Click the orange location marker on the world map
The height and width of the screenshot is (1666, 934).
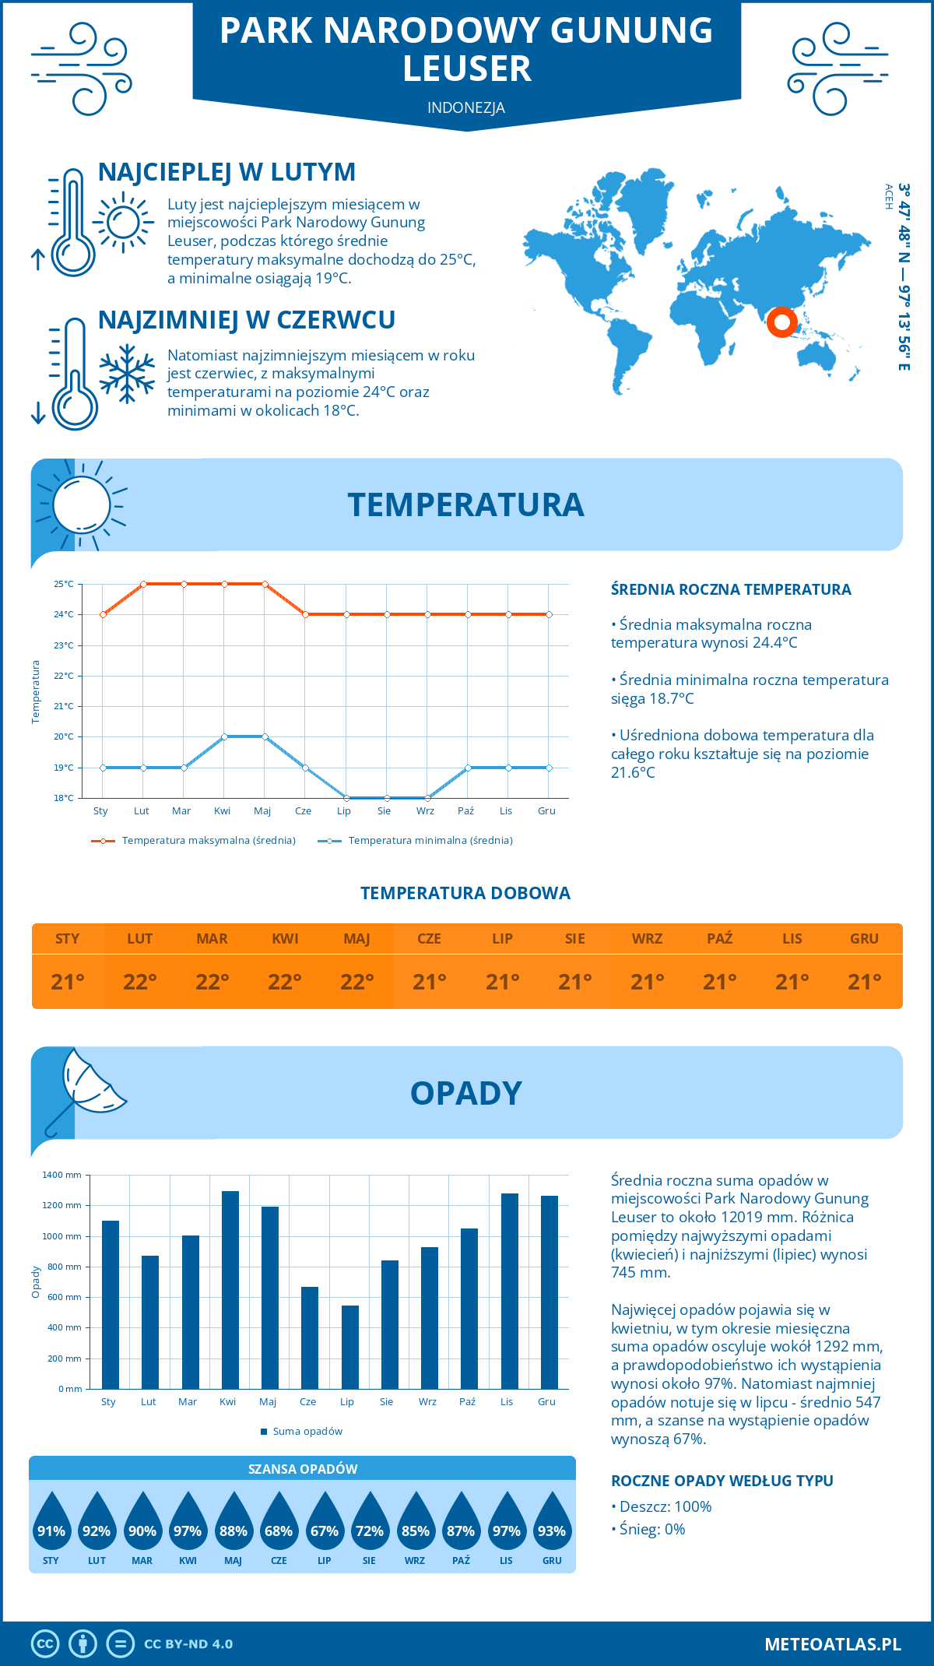click(x=781, y=322)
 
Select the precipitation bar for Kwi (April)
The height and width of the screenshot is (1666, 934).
click(x=230, y=1289)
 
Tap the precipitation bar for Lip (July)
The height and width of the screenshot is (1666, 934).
click(x=350, y=1347)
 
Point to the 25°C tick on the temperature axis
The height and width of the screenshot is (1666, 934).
click(x=64, y=584)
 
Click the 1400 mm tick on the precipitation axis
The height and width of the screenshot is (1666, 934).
click(x=62, y=1175)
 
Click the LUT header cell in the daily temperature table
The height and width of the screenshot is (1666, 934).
click(x=140, y=939)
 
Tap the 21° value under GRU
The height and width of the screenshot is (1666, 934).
click(x=864, y=982)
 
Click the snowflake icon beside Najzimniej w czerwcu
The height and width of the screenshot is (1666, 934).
click(x=127, y=374)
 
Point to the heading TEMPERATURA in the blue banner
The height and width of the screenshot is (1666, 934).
click(x=465, y=504)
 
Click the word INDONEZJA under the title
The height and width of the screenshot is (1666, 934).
click(x=466, y=107)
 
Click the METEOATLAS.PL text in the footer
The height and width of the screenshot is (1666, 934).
click(x=832, y=1644)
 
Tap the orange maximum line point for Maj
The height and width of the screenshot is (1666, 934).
click(x=265, y=584)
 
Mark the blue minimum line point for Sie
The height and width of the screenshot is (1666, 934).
click(x=387, y=798)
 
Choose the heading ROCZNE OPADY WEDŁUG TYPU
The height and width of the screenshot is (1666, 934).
click(x=722, y=1481)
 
